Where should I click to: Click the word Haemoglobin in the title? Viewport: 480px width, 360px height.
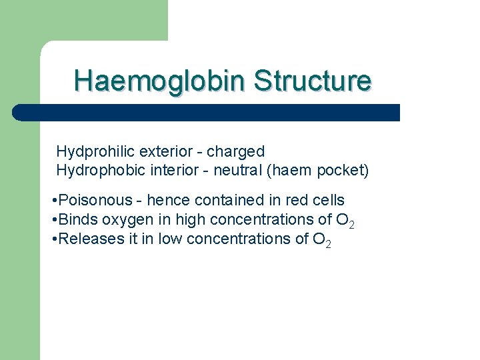[161, 81]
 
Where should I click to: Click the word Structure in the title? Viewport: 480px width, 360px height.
[312, 81]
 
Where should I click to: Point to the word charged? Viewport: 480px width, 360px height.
[235, 152]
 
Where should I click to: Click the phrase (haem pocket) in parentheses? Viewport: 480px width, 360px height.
[317, 171]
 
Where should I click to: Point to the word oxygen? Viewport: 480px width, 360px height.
[124, 219]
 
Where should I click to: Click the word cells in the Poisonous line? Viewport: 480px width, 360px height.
[327, 200]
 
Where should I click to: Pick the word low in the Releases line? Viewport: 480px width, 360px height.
[169, 239]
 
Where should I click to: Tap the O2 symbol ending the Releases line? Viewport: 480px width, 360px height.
[321, 239]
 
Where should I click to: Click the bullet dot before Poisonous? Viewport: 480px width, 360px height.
[53, 201]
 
